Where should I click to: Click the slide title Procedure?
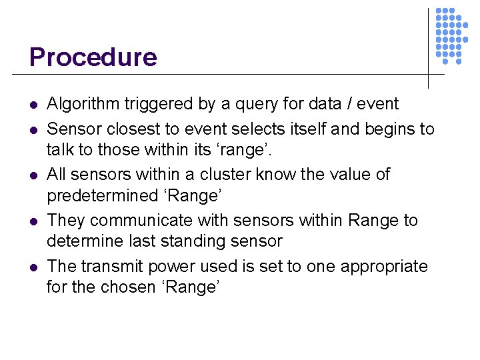(93, 57)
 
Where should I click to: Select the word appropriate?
(384, 267)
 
